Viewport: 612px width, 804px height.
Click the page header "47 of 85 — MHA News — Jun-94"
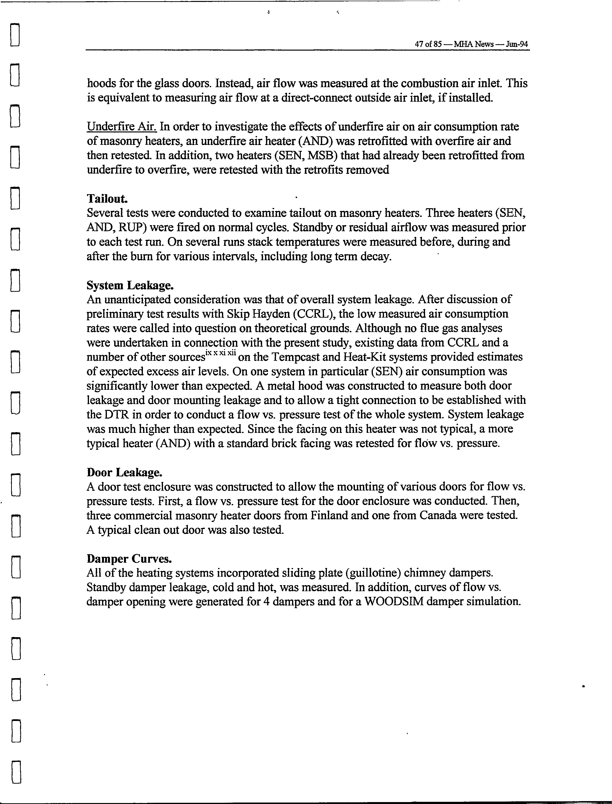coord(471,45)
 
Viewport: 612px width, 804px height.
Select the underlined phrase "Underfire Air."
coord(122,127)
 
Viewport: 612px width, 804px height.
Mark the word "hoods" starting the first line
coord(101,84)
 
